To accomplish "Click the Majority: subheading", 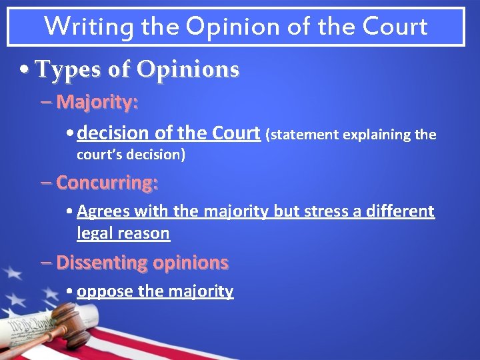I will [97, 102].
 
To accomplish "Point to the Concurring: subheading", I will [107, 182].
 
